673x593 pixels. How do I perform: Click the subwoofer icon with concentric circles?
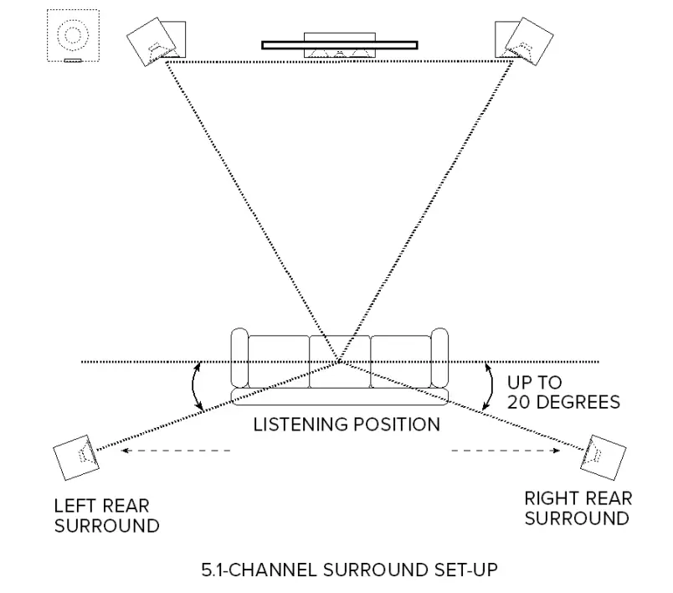74,35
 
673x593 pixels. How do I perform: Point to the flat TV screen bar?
339,44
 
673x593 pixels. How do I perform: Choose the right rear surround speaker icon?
603,458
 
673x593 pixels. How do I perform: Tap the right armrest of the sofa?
439,360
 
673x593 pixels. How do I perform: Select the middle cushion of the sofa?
339,362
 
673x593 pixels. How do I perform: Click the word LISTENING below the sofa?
297,425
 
